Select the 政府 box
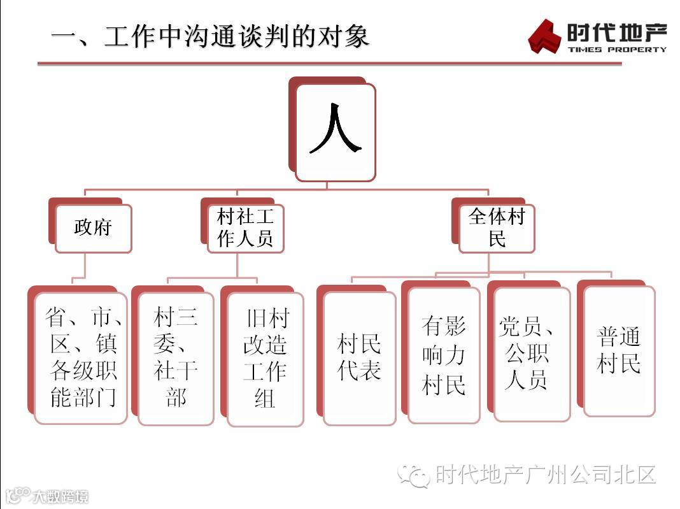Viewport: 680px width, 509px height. (93, 228)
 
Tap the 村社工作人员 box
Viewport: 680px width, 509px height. (245, 228)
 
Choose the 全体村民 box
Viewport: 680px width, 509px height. (497, 228)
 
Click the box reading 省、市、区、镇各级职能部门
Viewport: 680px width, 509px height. (81, 357)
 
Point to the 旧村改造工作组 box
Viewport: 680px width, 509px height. (266, 359)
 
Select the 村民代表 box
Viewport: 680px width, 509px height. (359, 357)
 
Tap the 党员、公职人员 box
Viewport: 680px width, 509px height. (532, 354)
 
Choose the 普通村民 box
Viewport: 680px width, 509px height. (619, 350)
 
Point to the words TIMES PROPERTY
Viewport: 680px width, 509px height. (617, 49)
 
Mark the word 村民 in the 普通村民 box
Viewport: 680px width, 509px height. (619, 364)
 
